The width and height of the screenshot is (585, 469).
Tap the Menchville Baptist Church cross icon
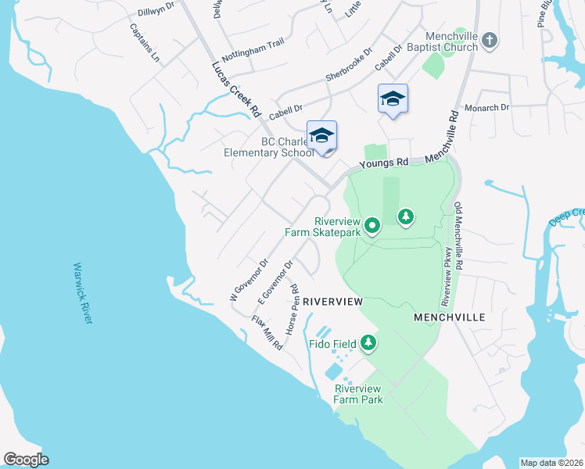[490, 41]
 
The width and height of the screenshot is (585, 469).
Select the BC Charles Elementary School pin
[321, 136]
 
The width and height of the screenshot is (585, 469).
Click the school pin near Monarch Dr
[393, 98]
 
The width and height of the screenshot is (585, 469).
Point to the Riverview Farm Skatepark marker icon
[372, 227]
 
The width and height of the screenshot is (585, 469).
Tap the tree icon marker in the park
[405, 216]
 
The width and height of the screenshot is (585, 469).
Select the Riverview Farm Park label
[357, 394]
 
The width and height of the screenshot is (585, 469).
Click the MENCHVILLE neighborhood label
[449, 317]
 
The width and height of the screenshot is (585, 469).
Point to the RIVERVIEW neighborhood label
[333, 301]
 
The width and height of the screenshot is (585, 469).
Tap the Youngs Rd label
[384, 163]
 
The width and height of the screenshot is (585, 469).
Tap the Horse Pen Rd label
[295, 311]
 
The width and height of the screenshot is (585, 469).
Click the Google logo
[26, 460]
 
